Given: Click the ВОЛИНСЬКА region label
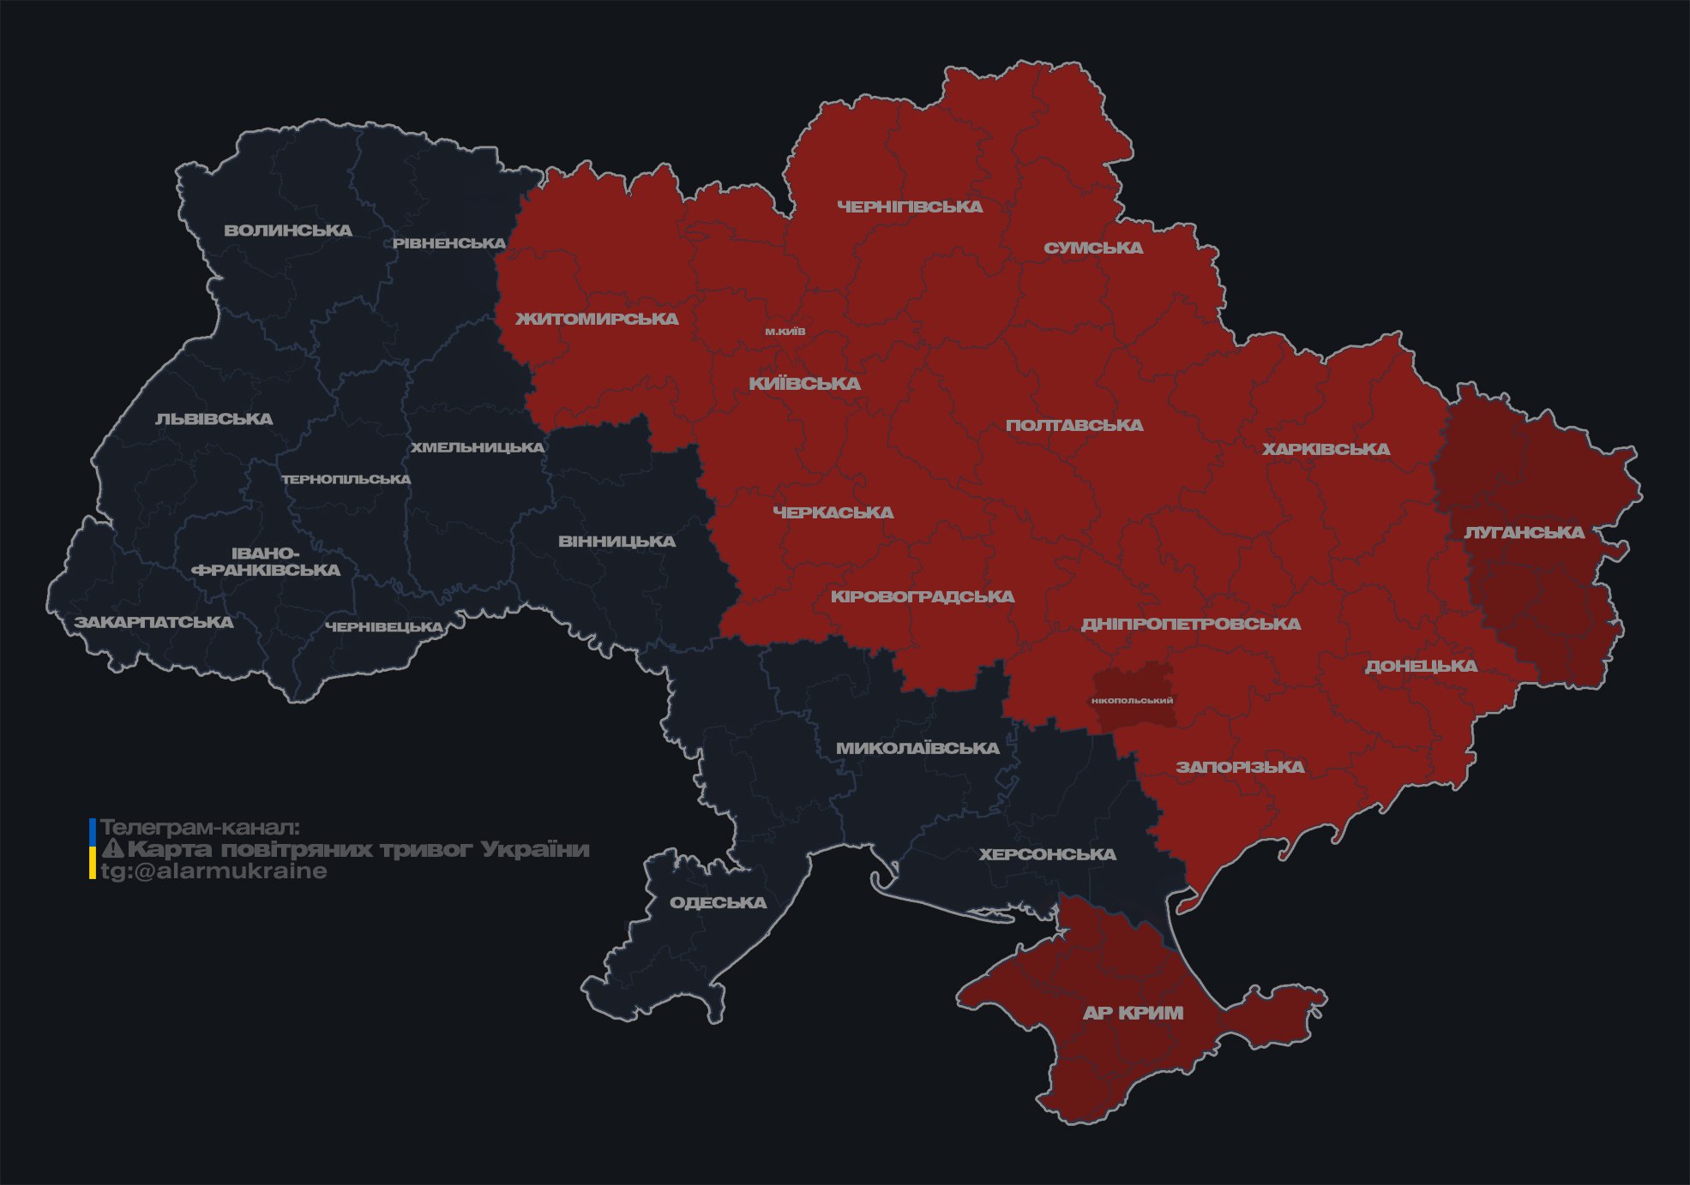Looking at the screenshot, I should click(x=288, y=230).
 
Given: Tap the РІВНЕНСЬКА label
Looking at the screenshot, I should click(x=449, y=243).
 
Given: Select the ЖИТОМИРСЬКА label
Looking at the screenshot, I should click(x=597, y=319).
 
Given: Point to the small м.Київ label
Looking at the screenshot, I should click(x=785, y=332).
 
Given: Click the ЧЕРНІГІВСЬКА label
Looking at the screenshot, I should click(x=910, y=206).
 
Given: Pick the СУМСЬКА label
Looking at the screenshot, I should click(x=1093, y=248).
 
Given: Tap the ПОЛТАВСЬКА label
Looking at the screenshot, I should click(x=1074, y=425).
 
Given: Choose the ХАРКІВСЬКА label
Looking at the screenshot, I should click(x=1326, y=449).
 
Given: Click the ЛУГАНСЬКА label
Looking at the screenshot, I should click(x=1524, y=532).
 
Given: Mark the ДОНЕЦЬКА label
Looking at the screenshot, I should click(x=1421, y=666).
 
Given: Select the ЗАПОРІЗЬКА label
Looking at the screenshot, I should click(x=1240, y=767).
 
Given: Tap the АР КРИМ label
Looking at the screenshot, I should click(x=1133, y=1013).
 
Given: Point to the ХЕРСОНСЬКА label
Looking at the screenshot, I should click(x=1047, y=854).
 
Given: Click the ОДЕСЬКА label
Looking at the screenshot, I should click(x=718, y=902).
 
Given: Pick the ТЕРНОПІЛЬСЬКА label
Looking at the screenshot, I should click(x=346, y=479).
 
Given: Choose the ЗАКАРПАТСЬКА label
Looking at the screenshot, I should click(x=153, y=622).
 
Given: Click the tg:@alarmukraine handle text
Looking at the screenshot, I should click(x=214, y=871).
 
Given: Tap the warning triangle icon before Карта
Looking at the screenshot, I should click(x=112, y=849).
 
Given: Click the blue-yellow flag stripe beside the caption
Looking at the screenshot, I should click(x=92, y=849).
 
